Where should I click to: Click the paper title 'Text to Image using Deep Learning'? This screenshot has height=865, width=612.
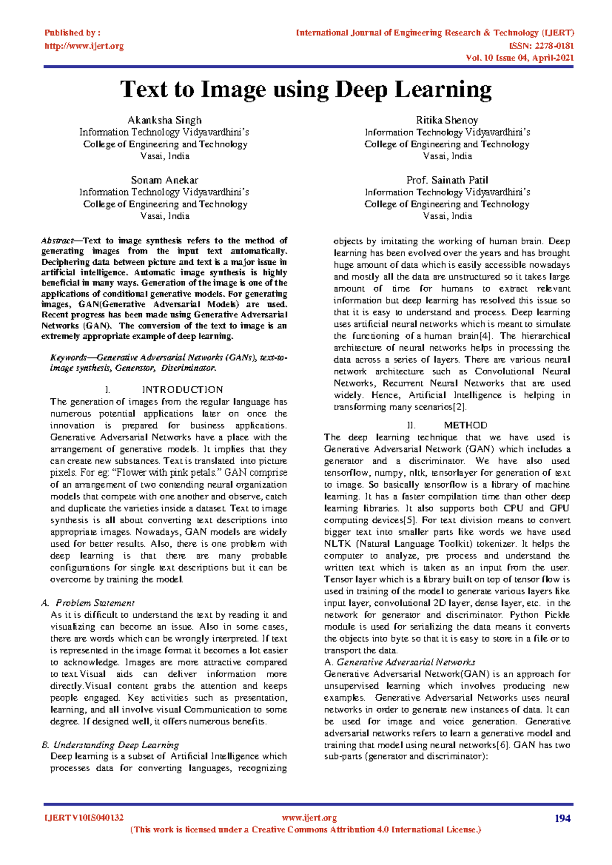point(306,90)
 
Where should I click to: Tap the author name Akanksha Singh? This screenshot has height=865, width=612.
point(164,120)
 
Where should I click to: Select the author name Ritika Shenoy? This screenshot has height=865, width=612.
point(447,120)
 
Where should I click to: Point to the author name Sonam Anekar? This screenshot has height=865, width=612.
point(164,180)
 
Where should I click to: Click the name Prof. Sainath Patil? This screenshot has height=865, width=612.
point(447,180)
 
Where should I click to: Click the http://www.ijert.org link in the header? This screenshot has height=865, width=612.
point(84,46)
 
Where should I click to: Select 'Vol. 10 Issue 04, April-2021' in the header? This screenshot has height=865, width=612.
point(520,58)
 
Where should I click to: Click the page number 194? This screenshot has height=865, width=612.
point(562,819)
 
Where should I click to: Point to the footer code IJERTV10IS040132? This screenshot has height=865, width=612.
point(84,818)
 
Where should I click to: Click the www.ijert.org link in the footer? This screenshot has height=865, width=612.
point(309,818)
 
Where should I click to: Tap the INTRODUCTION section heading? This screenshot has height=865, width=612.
point(182,390)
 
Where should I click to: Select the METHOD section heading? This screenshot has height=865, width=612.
point(465,425)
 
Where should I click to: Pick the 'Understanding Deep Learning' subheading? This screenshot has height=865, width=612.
point(116,745)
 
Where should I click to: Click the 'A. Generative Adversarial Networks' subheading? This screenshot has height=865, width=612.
point(400,662)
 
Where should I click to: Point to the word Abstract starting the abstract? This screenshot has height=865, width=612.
point(57,241)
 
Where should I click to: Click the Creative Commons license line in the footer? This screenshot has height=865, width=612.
point(306,830)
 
